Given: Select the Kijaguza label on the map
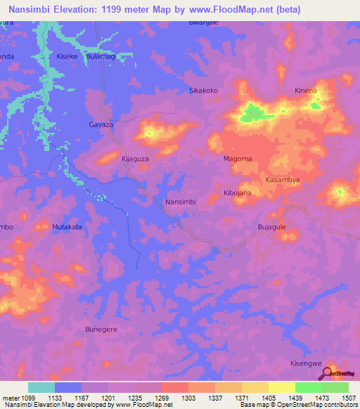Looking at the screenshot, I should click(135, 159).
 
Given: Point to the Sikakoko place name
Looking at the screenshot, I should click(205, 91).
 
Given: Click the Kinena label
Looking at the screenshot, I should click(306, 91).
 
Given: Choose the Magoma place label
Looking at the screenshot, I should click(238, 159).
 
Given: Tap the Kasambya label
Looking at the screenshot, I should click(283, 181).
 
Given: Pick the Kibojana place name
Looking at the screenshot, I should click(238, 193).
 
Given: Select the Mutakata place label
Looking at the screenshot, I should click(67, 227).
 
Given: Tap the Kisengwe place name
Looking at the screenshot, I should click(306, 363).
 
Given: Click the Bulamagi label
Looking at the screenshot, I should click(101, 56).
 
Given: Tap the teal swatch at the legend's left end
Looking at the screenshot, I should click(41, 387).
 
